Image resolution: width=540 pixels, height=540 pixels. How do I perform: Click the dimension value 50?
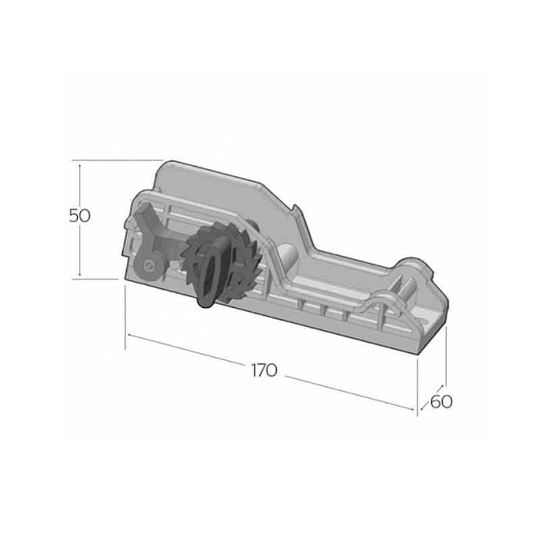[80, 216]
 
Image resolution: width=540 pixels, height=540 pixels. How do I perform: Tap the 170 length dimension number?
[264, 371]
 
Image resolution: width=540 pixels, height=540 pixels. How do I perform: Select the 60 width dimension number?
[441, 402]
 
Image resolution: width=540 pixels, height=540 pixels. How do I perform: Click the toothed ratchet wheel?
[220, 262]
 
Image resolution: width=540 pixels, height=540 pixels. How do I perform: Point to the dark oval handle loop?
[208, 277]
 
